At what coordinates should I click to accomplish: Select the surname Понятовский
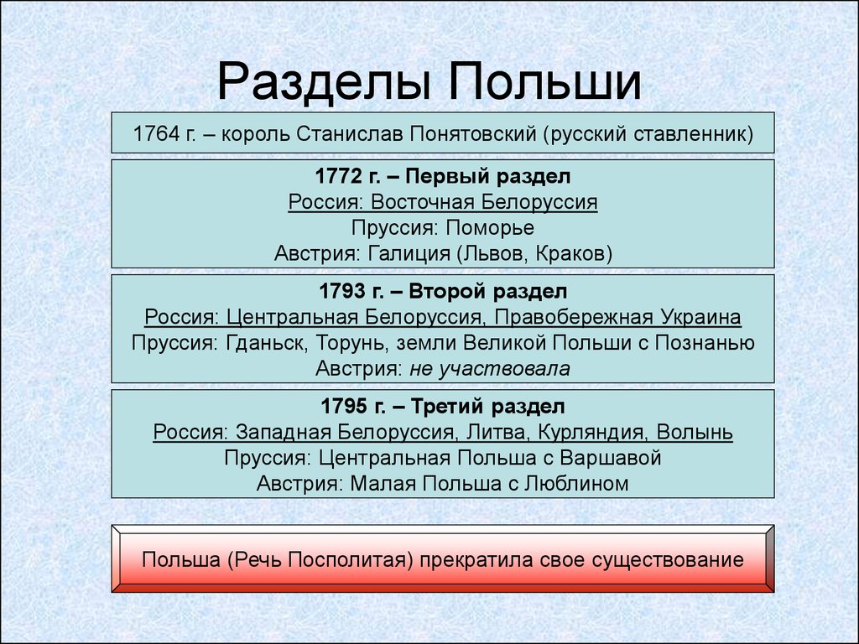(x=473, y=133)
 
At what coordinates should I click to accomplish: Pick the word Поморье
(x=490, y=228)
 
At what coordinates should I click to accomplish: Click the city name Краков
(x=570, y=253)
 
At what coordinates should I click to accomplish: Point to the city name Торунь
(x=350, y=343)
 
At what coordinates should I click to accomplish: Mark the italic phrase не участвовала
(x=490, y=369)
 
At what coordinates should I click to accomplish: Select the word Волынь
(x=695, y=433)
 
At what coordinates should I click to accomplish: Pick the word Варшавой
(x=611, y=458)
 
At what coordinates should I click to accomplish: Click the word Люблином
(x=576, y=484)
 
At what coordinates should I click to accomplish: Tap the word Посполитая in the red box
(x=347, y=559)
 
